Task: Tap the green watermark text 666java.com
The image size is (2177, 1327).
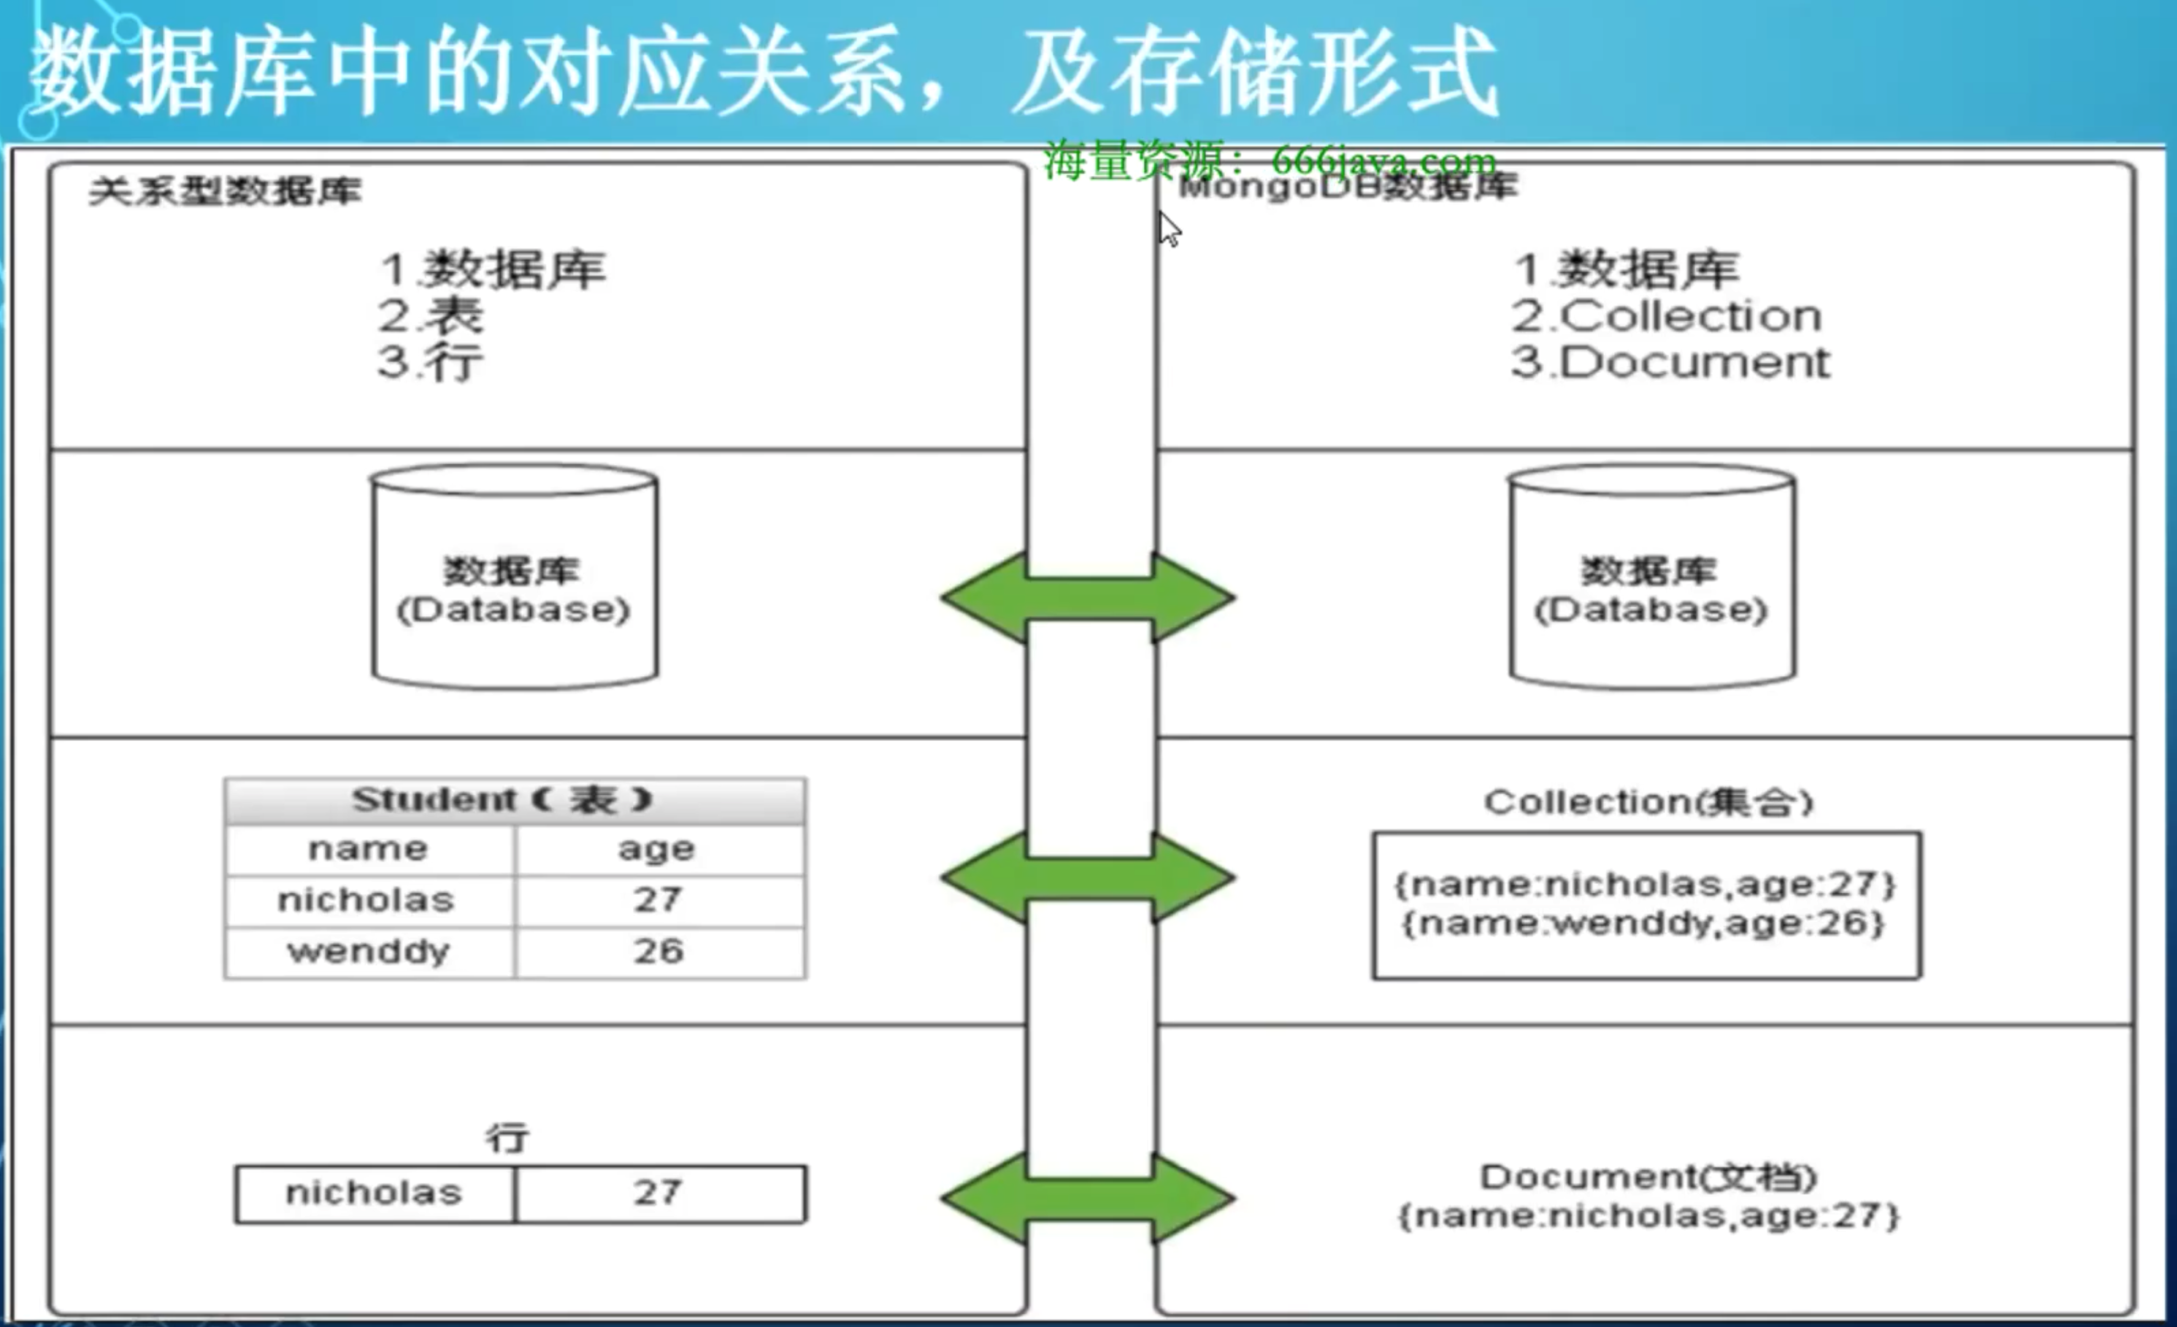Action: pyautogui.click(x=1383, y=162)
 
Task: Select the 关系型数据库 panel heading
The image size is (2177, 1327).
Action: pyautogui.click(x=226, y=191)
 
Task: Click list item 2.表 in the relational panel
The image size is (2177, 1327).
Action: pyautogui.click(x=431, y=315)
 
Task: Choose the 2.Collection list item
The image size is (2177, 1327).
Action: pyautogui.click(x=1666, y=316)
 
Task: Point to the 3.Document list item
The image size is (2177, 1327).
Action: pyautogui.click(x=1670, y=362)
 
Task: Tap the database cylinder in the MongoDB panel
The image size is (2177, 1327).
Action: pyautogui.click(x=1651, y=579)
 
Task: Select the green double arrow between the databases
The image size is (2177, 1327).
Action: pyautogui.click(x=1088, y=598)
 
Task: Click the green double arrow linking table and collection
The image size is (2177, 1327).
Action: pyautogui.click(x=1088, y=877)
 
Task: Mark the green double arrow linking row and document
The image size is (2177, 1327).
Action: pyautogui.click(x=1088, y=1199)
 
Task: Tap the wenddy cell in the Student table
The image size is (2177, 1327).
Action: pyautogui.click(x=369, y=953)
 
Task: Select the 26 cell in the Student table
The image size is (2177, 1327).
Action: pyautogui.click(x=659, y=953)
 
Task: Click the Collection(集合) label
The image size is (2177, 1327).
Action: pyautogui.click(x=1648, y=802)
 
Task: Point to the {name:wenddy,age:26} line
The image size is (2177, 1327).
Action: pyautogui.click(x=1644, y=924)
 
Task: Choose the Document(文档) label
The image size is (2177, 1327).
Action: pyautogui.click(x=1648, y=1177)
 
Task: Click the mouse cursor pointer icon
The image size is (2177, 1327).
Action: pyautogui.click(x=1169, y=228)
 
